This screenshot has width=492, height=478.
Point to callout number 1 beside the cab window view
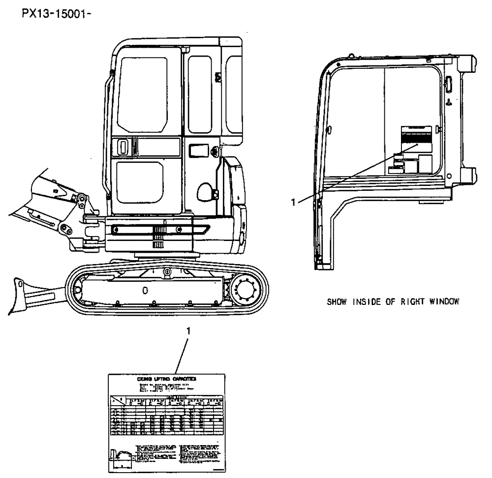pyautogui.click(x=294, y=202)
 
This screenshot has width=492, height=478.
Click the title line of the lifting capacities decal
pyautogui.click(x=166, y=379)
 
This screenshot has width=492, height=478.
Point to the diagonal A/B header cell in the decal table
pyautogui.click(x=117, y=400)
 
